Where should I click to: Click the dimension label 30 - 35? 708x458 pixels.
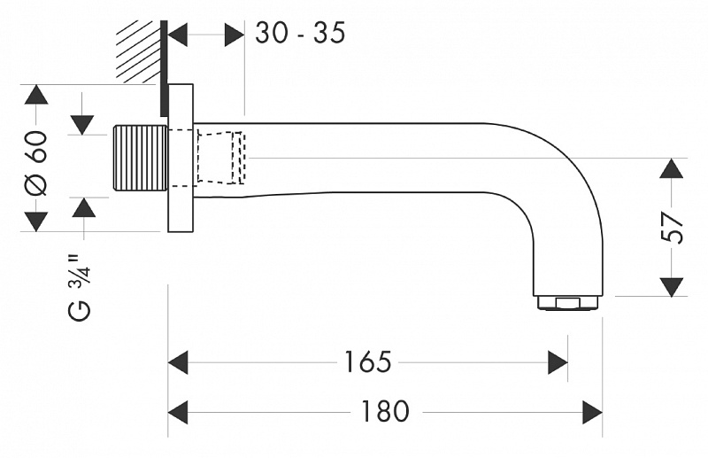point(300,33)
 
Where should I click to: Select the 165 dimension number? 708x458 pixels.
point(367,362)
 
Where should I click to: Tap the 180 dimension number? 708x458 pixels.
point(385,412)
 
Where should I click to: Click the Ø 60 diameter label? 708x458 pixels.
point(35,163)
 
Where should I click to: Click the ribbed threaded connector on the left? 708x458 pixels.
point(141,159)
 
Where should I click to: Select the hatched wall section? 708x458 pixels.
point(138,52)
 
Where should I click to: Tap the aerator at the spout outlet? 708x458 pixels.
point(567,303)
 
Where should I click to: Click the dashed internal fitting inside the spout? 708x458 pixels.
point(221,158)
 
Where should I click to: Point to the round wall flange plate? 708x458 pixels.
point(181,158)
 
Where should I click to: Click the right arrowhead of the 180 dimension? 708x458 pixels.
point(592,412)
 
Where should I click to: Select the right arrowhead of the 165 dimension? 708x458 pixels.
point(558,362)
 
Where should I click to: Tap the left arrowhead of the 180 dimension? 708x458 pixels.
point(178,412)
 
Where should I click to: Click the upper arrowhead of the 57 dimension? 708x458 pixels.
point(672,168)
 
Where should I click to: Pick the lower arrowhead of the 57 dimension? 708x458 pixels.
point(672,287)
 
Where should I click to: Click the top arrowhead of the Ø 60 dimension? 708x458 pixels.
point(36,95)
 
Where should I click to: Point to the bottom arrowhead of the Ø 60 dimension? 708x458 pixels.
point(36,221)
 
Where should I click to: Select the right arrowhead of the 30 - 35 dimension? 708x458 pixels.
point(235,35)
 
